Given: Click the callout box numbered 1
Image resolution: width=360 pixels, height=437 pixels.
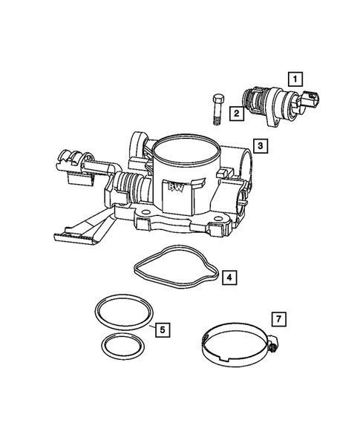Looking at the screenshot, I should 295,78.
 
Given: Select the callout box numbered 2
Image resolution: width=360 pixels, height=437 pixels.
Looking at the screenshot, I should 235,114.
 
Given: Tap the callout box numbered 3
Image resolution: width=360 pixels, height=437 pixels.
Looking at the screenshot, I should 259,146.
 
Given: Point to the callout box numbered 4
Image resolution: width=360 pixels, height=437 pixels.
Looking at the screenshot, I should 231,277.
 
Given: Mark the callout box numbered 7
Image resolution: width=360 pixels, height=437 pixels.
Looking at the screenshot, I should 278,319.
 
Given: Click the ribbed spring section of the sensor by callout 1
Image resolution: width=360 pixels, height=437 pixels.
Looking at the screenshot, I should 256,101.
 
